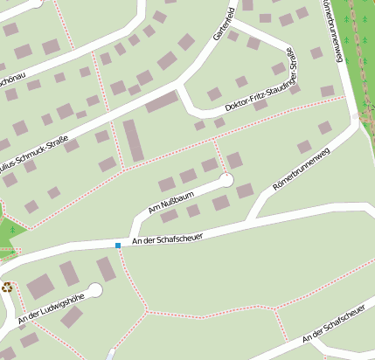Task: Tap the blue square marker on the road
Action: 118,246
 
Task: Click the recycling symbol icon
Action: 8,286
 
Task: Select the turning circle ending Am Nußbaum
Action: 226,180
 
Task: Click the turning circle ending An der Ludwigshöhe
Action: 95,289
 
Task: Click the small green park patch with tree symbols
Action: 8,232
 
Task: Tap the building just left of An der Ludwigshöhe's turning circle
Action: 69,273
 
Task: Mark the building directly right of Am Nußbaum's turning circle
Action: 246,190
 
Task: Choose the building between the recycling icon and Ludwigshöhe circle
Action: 40,285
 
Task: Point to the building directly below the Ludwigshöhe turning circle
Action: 73,316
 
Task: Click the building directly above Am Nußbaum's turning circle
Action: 234,160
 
